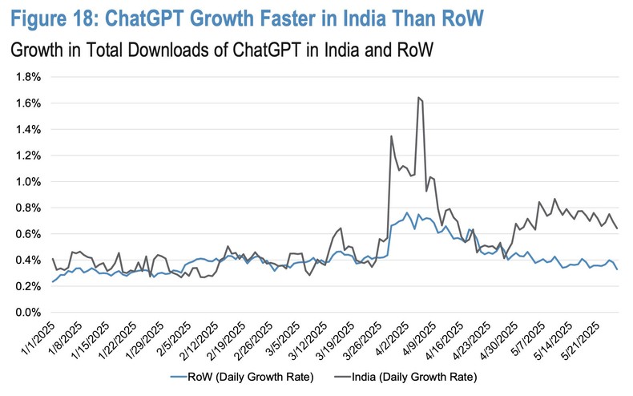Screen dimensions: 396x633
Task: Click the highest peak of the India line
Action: tap(419, 97)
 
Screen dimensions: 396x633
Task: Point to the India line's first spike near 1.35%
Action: tap(390, 136)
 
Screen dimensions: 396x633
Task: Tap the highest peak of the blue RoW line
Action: tap(407, 213)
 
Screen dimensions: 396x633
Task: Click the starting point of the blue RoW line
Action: tap(52, 281)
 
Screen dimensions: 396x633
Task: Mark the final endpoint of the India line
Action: tap(616, 229)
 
